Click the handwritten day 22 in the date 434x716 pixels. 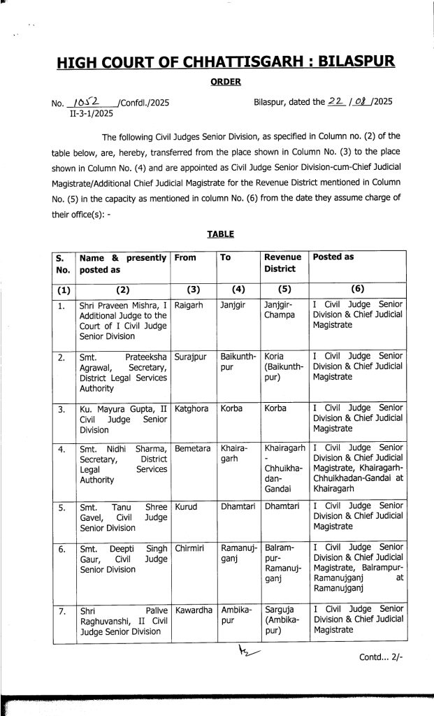338,101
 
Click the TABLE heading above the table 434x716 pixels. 220,234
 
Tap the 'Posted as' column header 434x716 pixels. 333,257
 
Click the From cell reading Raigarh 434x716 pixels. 190,305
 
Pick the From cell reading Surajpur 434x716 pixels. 193,356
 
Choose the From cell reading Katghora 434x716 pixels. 193,407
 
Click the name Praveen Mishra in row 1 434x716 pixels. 125,305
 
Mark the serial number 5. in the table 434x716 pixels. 62,505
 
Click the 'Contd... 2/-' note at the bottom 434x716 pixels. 381,657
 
